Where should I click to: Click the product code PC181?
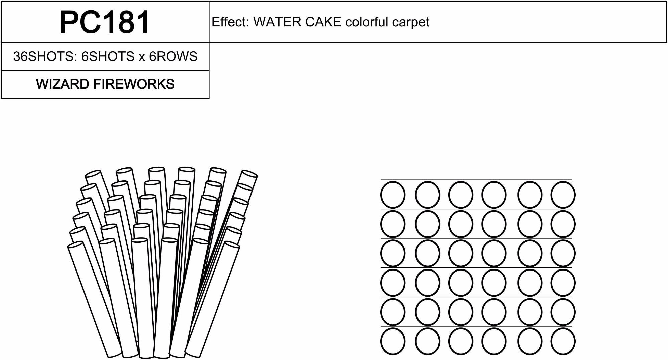click(105, 22)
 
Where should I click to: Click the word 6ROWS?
click(173, 56)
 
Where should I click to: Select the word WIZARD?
click(62, 84)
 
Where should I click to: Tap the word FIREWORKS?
click(134, 84)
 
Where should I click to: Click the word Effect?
click(230, 22)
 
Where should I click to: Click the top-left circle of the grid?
click(393, 195)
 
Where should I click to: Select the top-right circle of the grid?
click(563, 195)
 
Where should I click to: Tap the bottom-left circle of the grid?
click(393, 341)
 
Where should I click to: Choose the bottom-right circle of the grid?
click(563, 341)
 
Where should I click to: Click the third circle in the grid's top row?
click(461, 195)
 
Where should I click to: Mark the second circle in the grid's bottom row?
click(428, 341)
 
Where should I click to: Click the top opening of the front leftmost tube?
click(76, 245)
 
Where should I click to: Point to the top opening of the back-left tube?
click(93, 174)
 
